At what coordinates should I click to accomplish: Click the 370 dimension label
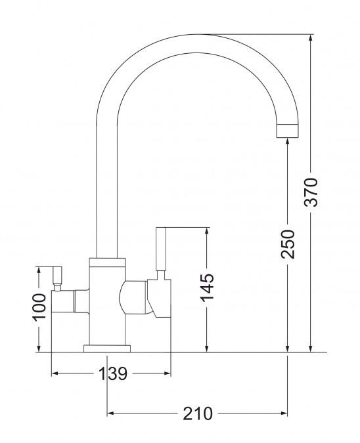pos(311,192)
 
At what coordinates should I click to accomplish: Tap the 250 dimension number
pos(288,244)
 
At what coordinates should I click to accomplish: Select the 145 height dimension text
pos(207,287)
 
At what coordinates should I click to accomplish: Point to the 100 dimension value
pos(39,307)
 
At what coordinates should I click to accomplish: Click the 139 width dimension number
pos(113,373)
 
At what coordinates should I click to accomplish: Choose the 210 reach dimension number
pos(197,413)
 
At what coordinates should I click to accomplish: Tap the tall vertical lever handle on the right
pos(161,249)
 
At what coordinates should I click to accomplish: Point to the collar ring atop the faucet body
pos(107,263)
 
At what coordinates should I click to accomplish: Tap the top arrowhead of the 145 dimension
pos(207,230)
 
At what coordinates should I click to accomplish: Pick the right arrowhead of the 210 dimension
pos(284,413)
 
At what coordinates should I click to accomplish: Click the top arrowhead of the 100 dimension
pos(39,270)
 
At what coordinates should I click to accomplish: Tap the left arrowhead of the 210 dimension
pos(110,413)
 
